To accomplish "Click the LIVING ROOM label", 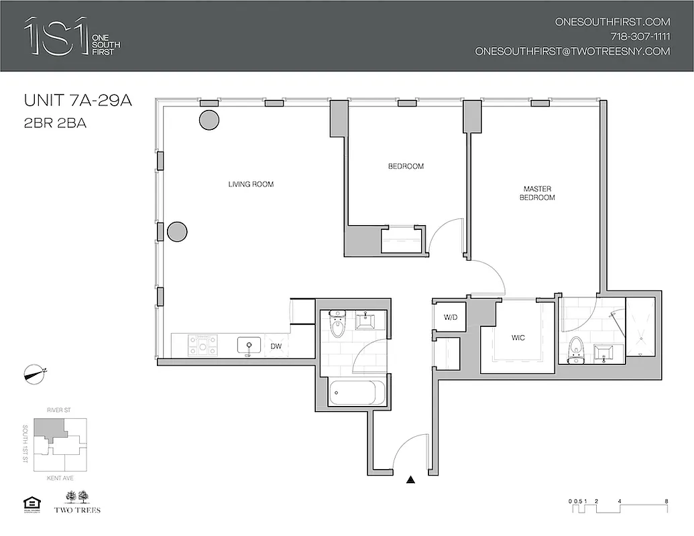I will [x=251, y=184].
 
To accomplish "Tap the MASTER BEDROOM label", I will [x=537, y=193].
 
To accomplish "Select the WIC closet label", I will [x=517, y=338].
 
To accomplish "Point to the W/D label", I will [x=449, y=317].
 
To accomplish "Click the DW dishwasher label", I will [x=276, y=346].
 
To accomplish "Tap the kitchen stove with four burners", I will [x=203, y=345].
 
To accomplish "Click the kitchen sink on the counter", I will [x=249, y=346].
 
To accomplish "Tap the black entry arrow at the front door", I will [x=411, y=479].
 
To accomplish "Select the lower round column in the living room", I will [x=177, y=232].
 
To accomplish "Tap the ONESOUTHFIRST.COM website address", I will [x=613, y=21].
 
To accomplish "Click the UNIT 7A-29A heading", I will [x=77, y=102].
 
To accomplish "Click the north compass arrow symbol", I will [x=35, y=373].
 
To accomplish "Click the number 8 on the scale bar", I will [x=665, y=501].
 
